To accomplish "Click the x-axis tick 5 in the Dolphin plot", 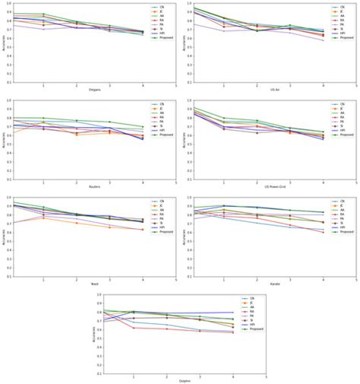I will click(267, 377).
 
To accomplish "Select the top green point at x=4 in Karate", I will click(323, 212).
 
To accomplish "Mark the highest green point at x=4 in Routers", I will click(143, 126).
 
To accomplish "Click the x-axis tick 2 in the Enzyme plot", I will click(76, 85).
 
